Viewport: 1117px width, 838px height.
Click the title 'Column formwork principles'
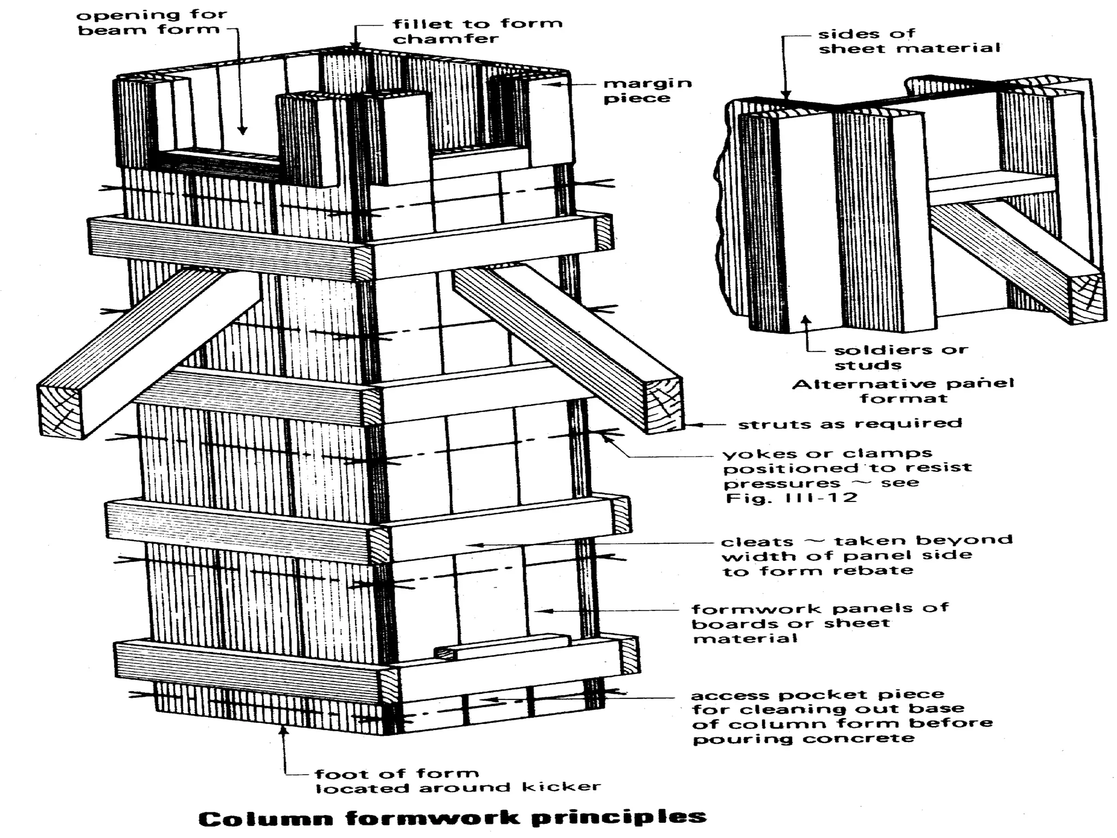click(452, 818)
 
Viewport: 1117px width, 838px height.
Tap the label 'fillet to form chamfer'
click(477, 31)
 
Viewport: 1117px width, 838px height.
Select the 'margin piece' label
click(647, 91)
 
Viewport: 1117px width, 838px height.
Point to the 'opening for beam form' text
click(151, 22)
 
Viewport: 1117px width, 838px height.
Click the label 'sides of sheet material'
click(909, 41)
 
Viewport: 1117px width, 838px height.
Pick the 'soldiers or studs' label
click(900, 357)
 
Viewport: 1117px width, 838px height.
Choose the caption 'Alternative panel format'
click(903, 391)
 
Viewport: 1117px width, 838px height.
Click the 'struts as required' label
click(849, 424)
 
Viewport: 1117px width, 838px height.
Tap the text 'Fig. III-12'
click(791, 498)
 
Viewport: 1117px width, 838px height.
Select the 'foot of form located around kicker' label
click(457, 781)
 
